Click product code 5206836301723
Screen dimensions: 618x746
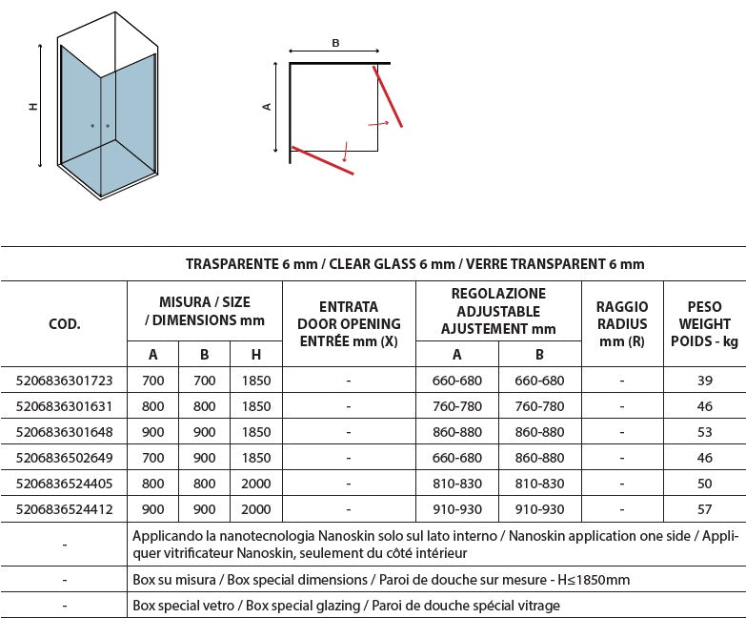click(65, 381)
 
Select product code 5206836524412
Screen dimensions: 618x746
click(65, 510)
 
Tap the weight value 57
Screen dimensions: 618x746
click(704, 510)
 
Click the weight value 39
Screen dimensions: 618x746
click(704, 381)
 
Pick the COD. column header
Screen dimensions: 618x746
click(65, 324)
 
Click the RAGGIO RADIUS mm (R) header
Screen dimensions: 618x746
click(622, 324)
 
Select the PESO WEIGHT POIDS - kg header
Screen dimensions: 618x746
click(704, 324)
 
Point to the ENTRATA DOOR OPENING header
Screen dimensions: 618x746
click(349, 324)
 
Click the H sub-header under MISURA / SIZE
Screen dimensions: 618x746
click(257, 355)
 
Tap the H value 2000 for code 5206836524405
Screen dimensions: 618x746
click(257, 484)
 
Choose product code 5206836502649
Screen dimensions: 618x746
click(65, 459)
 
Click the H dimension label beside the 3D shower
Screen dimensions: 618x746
click(33, 107)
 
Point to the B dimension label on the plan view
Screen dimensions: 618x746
click(335, 43)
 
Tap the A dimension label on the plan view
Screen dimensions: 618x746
click(268, 107)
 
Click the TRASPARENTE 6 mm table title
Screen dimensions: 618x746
click(414, 264)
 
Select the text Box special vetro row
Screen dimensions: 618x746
click(347, 605)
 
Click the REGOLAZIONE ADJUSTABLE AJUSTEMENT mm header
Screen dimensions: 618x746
click(499, 311)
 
